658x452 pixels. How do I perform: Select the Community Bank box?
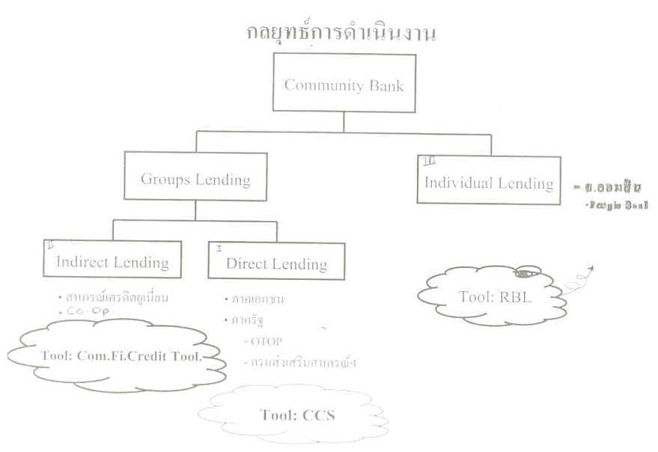344,85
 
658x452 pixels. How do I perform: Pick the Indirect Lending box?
112,262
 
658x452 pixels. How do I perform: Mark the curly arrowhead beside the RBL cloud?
591,268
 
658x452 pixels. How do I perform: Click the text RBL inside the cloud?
517,296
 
